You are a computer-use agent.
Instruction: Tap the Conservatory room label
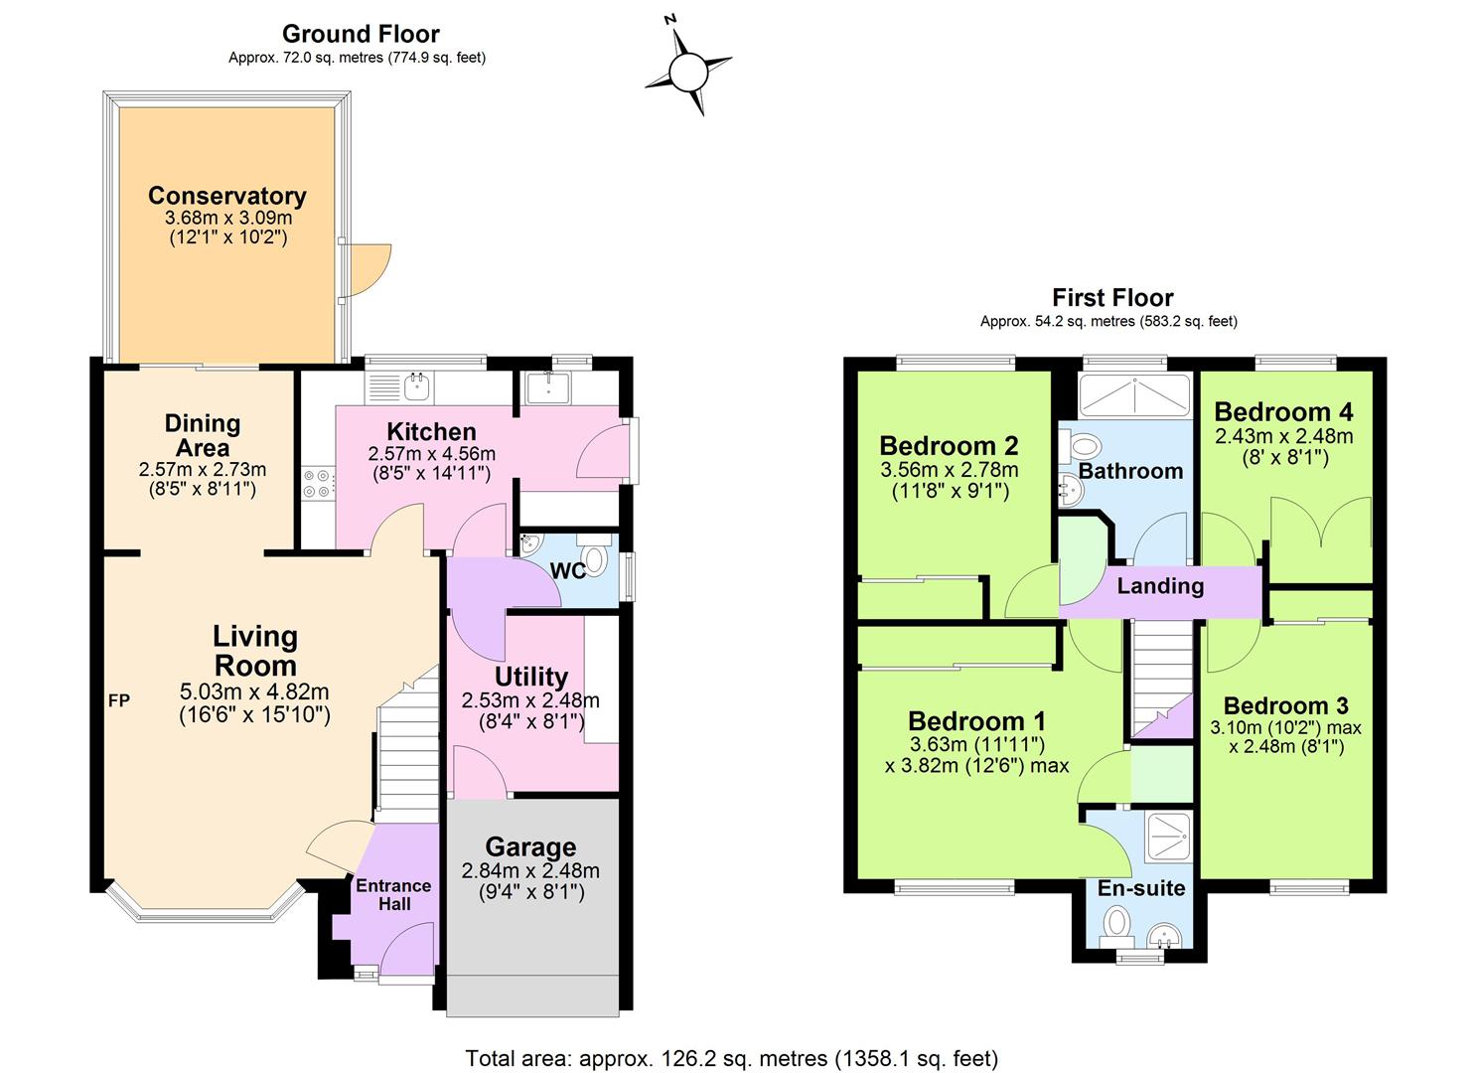226,196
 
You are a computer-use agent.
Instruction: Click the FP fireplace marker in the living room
118,700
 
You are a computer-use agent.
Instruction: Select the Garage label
530,847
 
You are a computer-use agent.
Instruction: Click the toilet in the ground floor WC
595,558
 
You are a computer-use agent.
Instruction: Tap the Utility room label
530,677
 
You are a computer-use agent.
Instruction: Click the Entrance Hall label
393,894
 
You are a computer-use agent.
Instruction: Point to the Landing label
1160,586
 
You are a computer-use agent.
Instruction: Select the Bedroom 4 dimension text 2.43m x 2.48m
1283,436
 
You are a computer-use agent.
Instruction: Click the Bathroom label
1130,471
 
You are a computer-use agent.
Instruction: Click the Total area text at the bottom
731,1058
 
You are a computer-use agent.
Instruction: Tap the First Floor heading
1112,297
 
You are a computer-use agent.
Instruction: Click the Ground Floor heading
361,35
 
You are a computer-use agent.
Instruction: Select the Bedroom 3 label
1285,706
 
